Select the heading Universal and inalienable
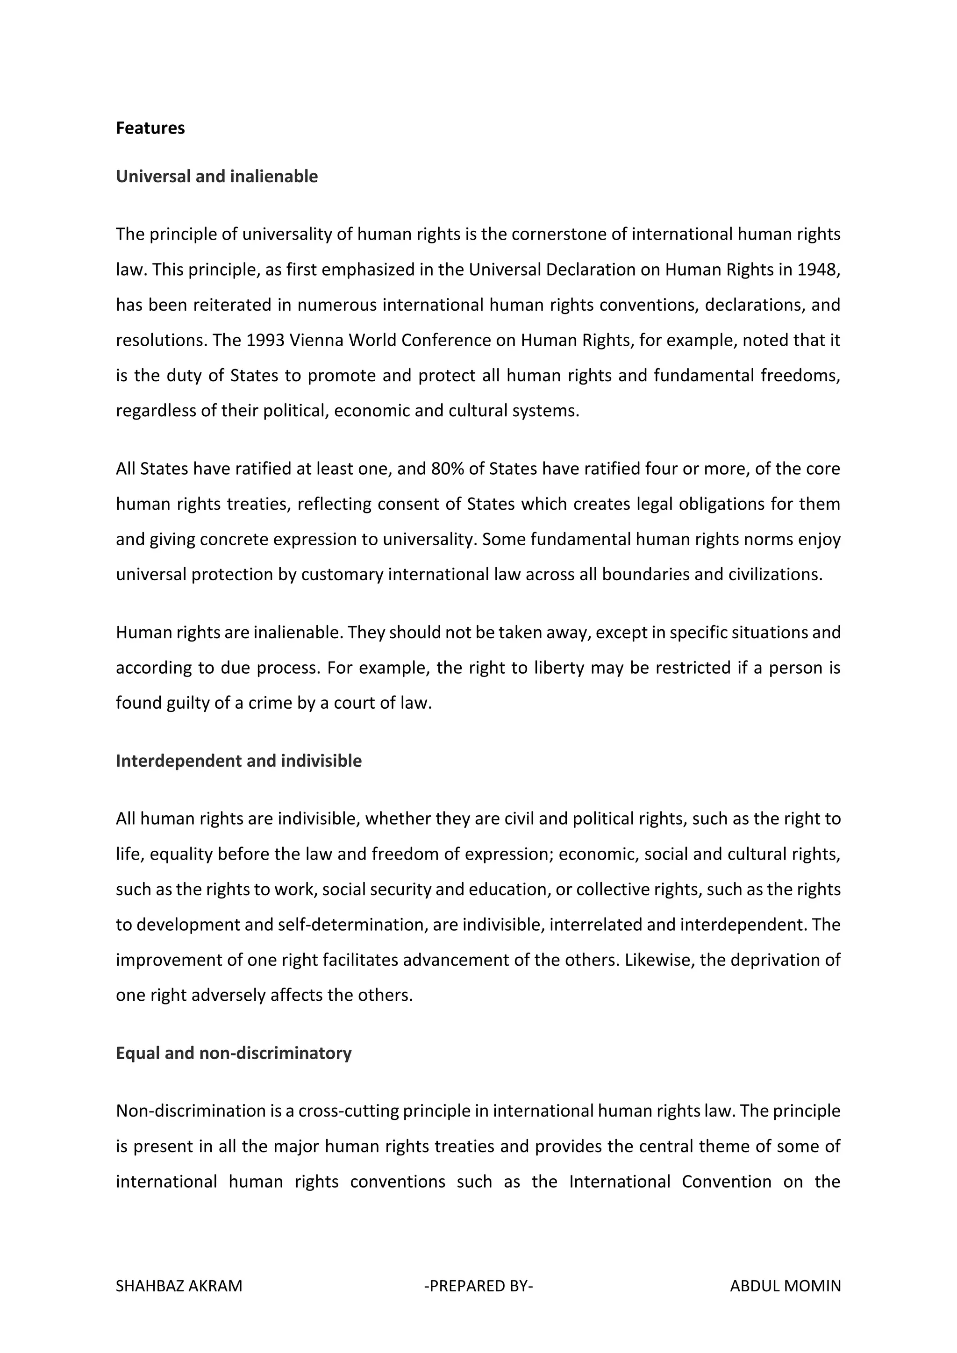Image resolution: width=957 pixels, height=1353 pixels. [216, 176]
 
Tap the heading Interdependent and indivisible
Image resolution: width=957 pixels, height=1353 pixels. [239, 761]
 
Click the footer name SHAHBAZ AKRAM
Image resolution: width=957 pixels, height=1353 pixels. [179, 1286]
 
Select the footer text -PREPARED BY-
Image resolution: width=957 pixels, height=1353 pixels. [478, 1286]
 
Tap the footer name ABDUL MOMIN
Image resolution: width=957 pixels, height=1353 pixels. [785, 1286]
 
